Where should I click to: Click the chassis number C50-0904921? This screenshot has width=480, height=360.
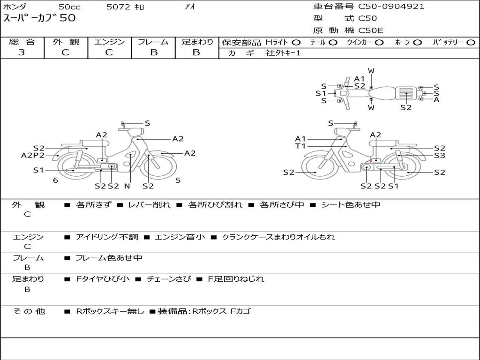[391, 7]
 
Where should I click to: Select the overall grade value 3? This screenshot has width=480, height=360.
[22, 52]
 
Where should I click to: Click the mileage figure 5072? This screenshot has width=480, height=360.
[119, 7]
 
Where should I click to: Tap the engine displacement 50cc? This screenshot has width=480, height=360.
[69, 7]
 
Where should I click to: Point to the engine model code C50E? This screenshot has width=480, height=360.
[371, 30]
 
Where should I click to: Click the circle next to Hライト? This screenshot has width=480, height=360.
[296, 43]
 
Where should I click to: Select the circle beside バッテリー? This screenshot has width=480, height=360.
[471, 43]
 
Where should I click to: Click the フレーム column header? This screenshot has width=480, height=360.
[153, 42]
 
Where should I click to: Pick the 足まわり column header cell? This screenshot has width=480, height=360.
[197, 42]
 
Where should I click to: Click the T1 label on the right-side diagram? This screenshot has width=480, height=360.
[300, 146]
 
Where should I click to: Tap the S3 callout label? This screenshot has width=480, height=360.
[439, 156]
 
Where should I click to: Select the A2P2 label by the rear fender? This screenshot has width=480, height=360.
[33, 156]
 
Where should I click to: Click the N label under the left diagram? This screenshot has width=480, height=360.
[127, 186]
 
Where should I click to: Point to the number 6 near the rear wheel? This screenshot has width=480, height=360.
[55, 180]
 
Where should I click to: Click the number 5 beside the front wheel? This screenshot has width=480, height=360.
[178, 180]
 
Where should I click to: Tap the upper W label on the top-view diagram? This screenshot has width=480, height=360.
[371, 71]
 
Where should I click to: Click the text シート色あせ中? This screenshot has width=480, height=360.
[350, 205]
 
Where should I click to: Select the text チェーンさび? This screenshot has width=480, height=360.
[169, 279]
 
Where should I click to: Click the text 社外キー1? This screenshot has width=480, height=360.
[283, 53]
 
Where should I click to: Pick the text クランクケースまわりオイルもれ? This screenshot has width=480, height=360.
[278, 237]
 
